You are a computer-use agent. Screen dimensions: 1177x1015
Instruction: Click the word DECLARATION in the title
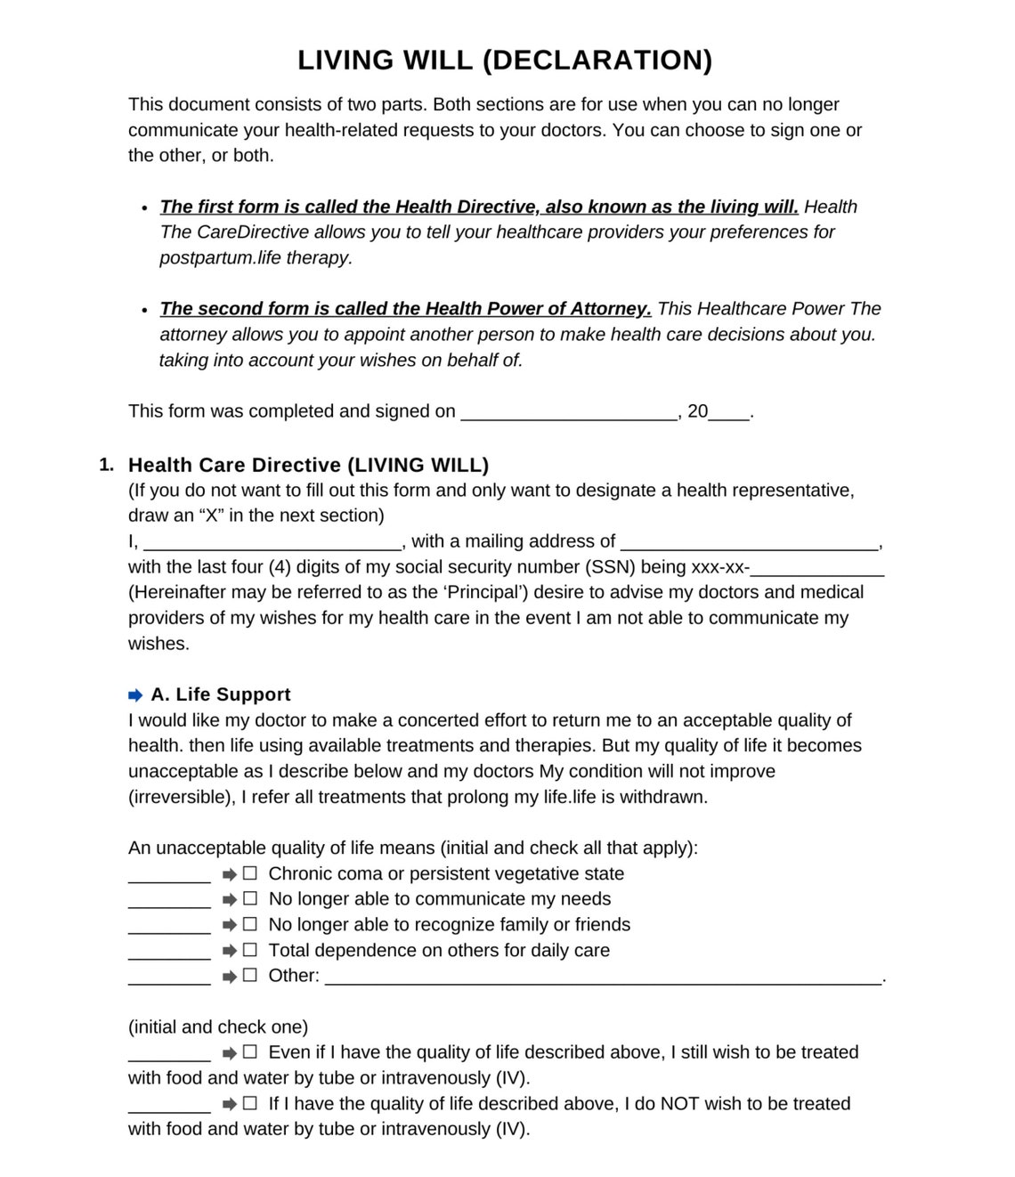(597, 61)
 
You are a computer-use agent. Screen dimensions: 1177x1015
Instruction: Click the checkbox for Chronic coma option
(250, 873)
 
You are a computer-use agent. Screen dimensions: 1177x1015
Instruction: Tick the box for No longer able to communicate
(250, 899)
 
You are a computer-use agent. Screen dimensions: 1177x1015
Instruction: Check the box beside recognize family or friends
(250, 924)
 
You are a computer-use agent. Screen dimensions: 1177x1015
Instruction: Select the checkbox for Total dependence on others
(250, 950)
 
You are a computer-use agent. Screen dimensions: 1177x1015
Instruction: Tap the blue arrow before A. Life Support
(135, 695)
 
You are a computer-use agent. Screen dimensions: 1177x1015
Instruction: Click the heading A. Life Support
(221, 694)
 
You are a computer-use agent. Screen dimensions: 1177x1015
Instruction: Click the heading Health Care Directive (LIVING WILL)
(308, 465)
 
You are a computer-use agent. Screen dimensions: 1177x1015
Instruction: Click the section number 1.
(106, 465)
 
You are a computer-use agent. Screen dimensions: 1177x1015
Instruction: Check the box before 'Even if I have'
(250, 1052)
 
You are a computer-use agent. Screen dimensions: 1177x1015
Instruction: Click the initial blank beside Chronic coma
(169, 876)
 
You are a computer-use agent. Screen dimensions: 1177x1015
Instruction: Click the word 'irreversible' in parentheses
(182, 797)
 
